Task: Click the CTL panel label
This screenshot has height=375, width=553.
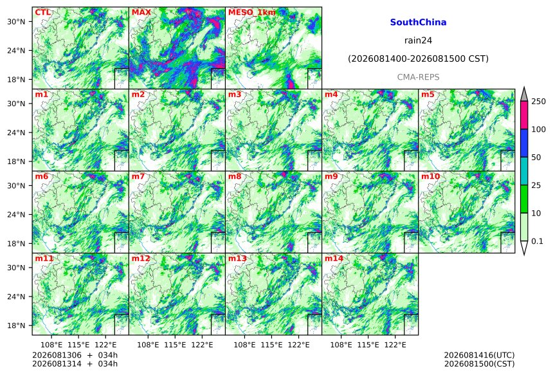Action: [x=42, y=13]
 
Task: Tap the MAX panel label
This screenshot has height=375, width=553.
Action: [x=141, y=13]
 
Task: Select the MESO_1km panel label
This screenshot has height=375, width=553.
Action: [x=252, y=13]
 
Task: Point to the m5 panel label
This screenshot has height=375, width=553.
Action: [x=428, y=95]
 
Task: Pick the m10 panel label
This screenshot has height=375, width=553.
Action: [x=430, y=176]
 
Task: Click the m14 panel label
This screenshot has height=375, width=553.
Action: [x=334, y=259]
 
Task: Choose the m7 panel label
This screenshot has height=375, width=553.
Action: [x=138, y=176]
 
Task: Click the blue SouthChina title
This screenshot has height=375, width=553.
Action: [x=418, y=23]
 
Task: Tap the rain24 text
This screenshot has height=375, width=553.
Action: [x=418, y=41]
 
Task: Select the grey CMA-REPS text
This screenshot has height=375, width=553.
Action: [x=418, y=77]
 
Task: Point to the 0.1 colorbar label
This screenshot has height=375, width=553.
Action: [x=537, y=241]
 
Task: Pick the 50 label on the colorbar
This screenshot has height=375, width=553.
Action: [x=536, y=158]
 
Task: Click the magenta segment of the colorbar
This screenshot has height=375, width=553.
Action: [x=524, y=115]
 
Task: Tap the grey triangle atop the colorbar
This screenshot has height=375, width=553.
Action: [x=524, y=95]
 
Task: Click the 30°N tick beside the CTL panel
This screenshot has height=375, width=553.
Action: [x=16, y=22]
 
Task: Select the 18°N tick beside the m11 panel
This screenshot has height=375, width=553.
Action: [x=16, y=325]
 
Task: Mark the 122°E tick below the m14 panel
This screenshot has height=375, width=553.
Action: [x=395, y=345]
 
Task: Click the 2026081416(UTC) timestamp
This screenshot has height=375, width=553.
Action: [x=479, y=355]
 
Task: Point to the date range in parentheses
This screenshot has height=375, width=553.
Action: [x=418, y=59]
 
